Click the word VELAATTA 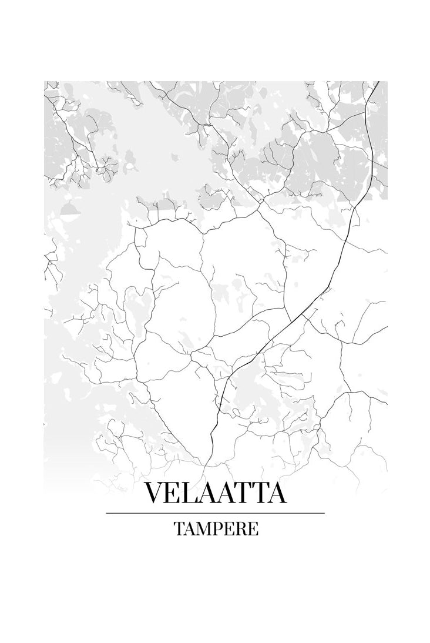tap(215, 493)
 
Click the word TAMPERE tap(216, 528)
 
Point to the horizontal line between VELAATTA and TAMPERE tap(215, 513)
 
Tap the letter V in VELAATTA tap(155, 493)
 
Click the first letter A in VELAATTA tap(210, 493)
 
